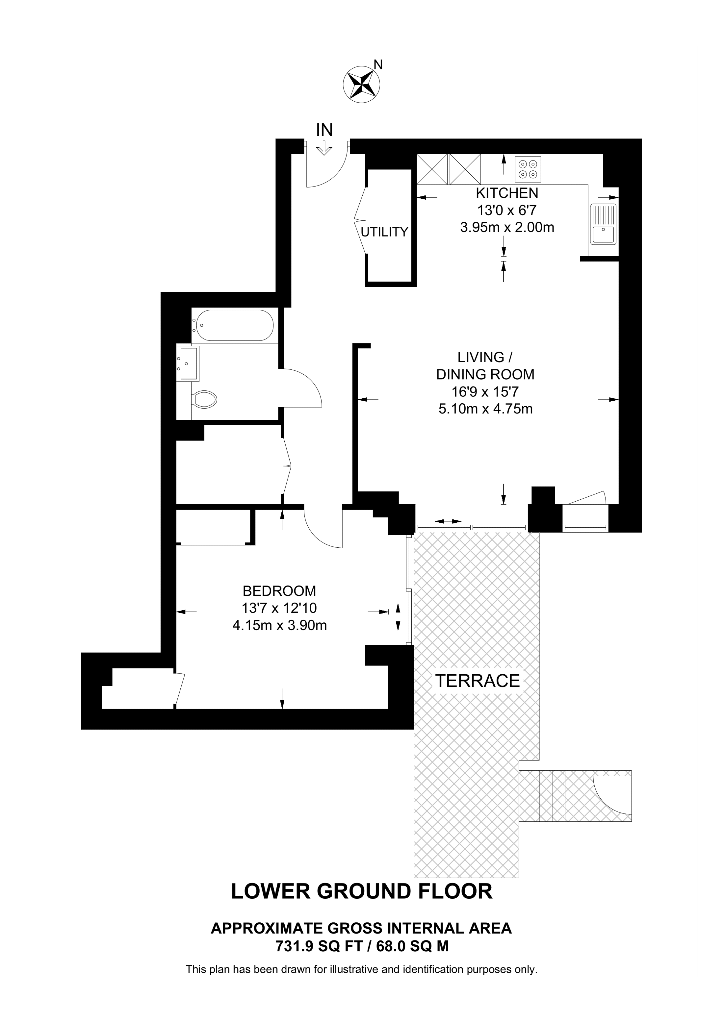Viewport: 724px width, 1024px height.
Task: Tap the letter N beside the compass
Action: pos(378,65)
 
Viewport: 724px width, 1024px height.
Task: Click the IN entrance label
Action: pos(324,130)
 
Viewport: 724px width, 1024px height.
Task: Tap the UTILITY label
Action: pos(384,232)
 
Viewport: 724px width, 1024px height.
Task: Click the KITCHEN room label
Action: pos(507,193)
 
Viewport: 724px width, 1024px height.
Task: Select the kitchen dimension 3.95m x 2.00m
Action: pos(507,227)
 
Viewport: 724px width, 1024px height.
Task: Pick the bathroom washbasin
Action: pos(189,364)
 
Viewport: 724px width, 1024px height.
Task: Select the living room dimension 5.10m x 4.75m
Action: pos(485,409)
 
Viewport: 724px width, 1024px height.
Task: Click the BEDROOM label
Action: pos(279,591)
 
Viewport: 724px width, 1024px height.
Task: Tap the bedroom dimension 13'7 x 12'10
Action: pos(279,608)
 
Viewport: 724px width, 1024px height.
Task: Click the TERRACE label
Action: pos(477,681)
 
